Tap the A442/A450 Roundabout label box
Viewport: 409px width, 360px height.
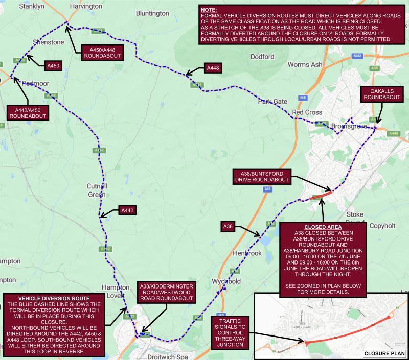click(x=27, y=112)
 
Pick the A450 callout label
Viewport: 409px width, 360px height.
click(x=53, y=66)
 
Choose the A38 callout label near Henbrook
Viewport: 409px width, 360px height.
click(x=228, y=226)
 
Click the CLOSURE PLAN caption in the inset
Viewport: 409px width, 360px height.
click(x=383, y=353)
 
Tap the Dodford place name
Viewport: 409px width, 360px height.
click(x=262, y=57)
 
